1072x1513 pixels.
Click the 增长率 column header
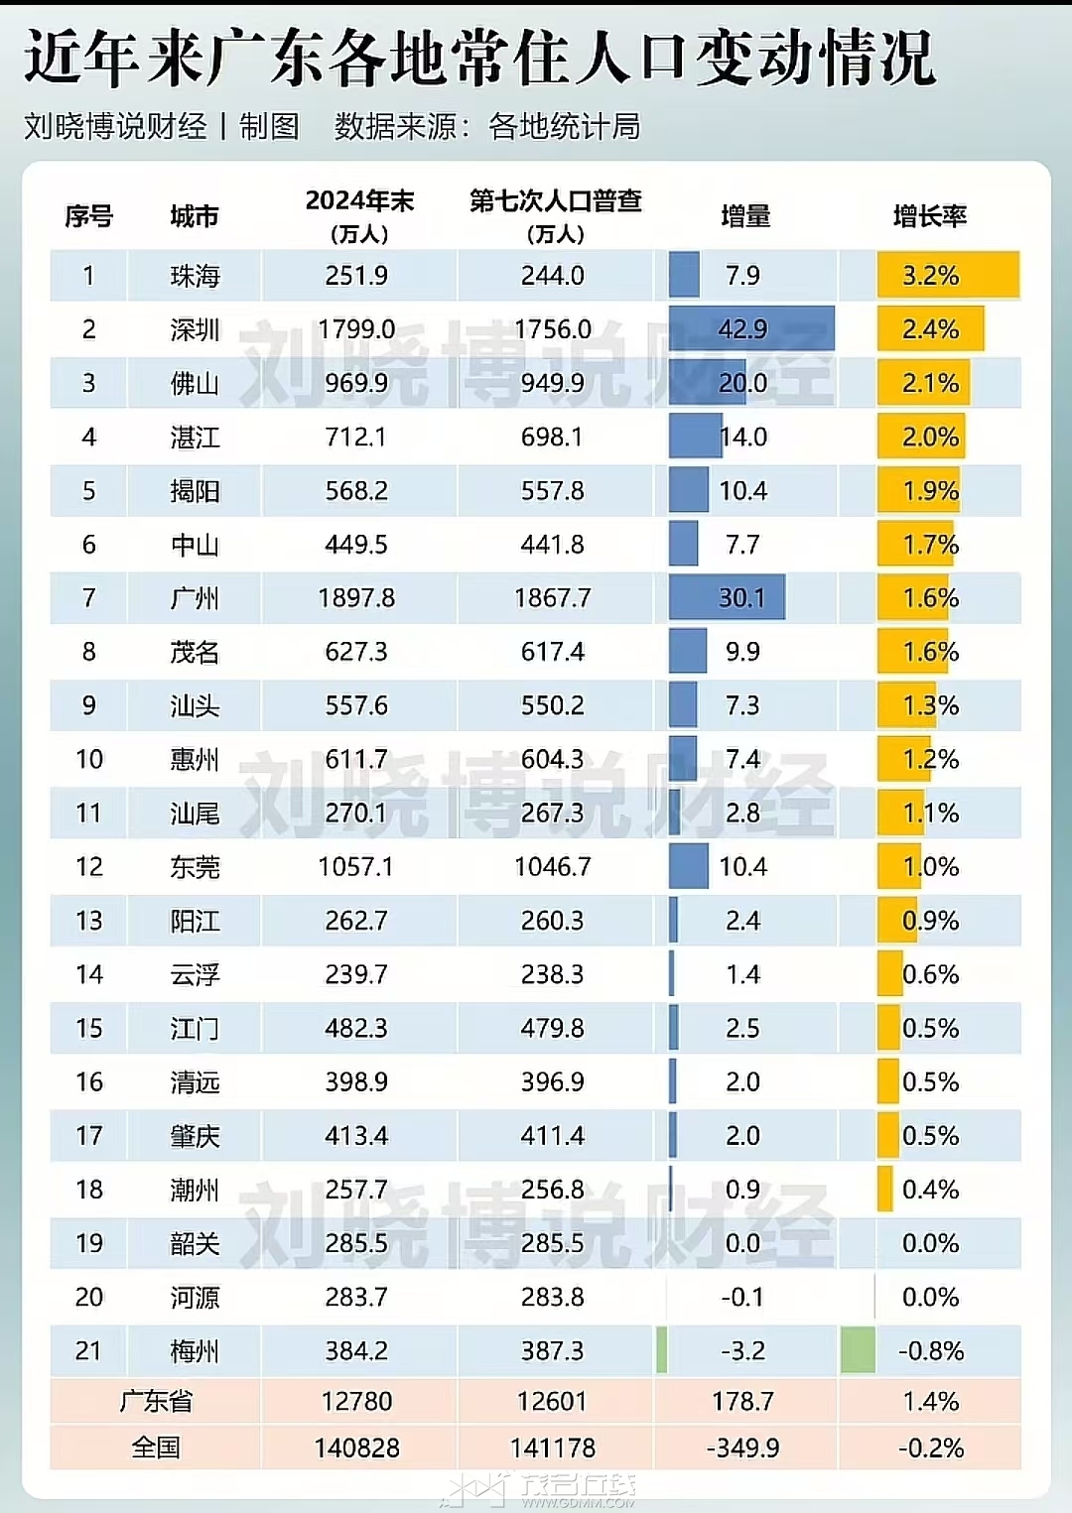(x=929, y=216)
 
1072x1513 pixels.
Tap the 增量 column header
(x=744, y=216)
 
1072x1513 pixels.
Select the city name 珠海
(x=195, y=276)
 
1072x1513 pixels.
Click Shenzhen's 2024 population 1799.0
(x=356, y=329)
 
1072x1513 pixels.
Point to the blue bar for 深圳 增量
(x=750, y=328)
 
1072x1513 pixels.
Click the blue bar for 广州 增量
(x=727, y=597)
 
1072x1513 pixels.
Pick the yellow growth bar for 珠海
(x=948, y=276)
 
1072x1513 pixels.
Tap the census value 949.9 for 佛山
(x=553, y=383)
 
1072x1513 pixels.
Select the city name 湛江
(x=195, y=437)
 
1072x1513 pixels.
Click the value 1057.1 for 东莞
(x=355, y=867)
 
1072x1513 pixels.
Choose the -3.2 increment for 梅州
(x=742, y=1351)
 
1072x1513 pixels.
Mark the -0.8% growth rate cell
(x=930, y=1351)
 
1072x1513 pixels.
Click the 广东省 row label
(x=156, y=1401)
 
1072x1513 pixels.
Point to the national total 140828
(x=356, y=1449)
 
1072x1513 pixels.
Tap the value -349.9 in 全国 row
(x=742, y=1449)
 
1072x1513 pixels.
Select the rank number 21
(x=88, y=1351)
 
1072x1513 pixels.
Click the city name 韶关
(x=195, y=1243)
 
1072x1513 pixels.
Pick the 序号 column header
(x=88, y=216)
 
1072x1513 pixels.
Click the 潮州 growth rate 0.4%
(x=930, y=1190)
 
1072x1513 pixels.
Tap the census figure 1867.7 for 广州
(x=553, y=598)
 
